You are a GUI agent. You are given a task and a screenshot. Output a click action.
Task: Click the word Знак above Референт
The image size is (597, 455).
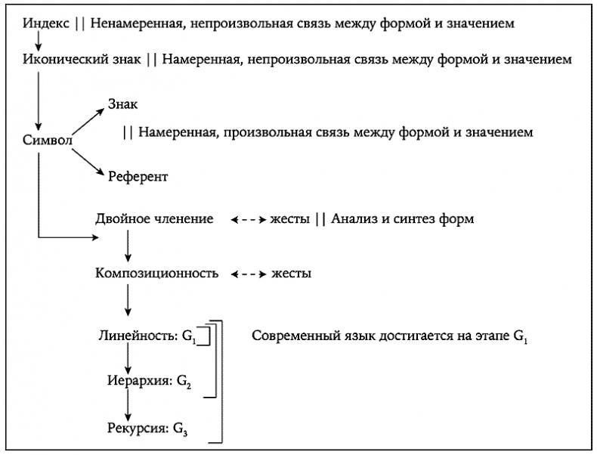pyautogui.click(x=124, y=104)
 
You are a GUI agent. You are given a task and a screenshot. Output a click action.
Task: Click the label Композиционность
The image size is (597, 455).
pyautogui.click(x=157, y=273)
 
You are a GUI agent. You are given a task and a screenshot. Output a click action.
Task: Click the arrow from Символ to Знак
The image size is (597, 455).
pyautogui.click(x=88, y=122)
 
